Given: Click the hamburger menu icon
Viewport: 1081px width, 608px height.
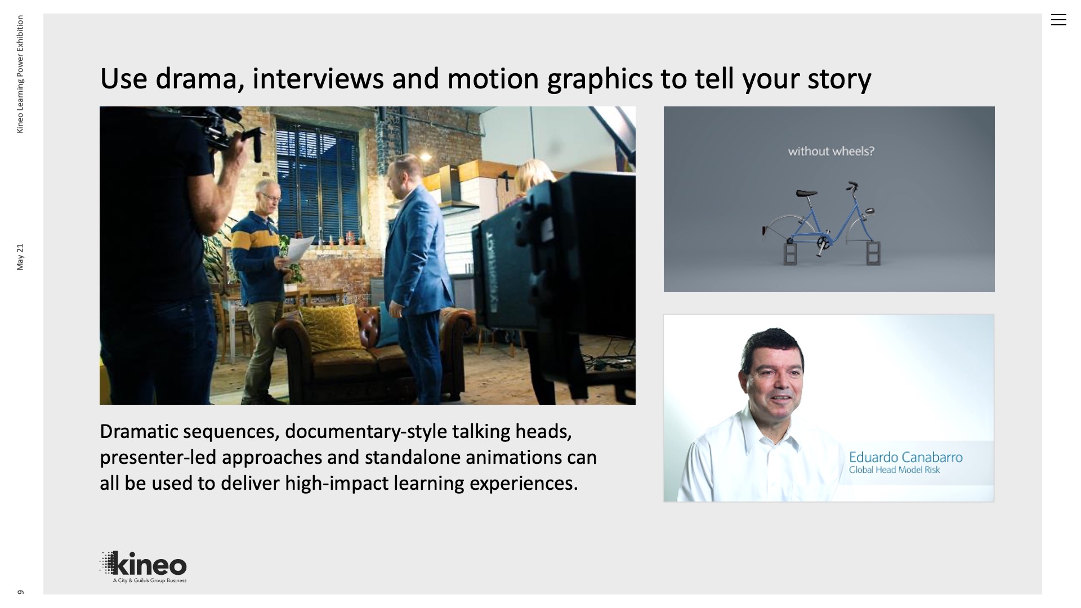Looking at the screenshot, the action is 1058,20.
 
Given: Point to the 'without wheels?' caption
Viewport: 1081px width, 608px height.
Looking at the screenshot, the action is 831,151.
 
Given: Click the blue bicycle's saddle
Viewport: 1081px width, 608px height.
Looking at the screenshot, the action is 806,193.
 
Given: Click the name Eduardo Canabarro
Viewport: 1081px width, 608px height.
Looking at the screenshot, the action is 905,457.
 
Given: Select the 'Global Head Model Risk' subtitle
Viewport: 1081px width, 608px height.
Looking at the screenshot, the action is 894,470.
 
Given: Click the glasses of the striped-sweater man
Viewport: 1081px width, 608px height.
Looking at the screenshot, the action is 271,198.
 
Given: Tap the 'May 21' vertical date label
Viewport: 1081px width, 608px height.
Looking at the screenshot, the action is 20,257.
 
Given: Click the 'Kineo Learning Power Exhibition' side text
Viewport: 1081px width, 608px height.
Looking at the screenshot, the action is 20,74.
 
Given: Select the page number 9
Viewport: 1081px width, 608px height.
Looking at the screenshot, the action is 20,592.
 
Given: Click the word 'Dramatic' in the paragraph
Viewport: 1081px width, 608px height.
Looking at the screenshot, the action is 139,431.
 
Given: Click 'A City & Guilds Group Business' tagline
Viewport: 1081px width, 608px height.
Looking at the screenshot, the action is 150,580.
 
